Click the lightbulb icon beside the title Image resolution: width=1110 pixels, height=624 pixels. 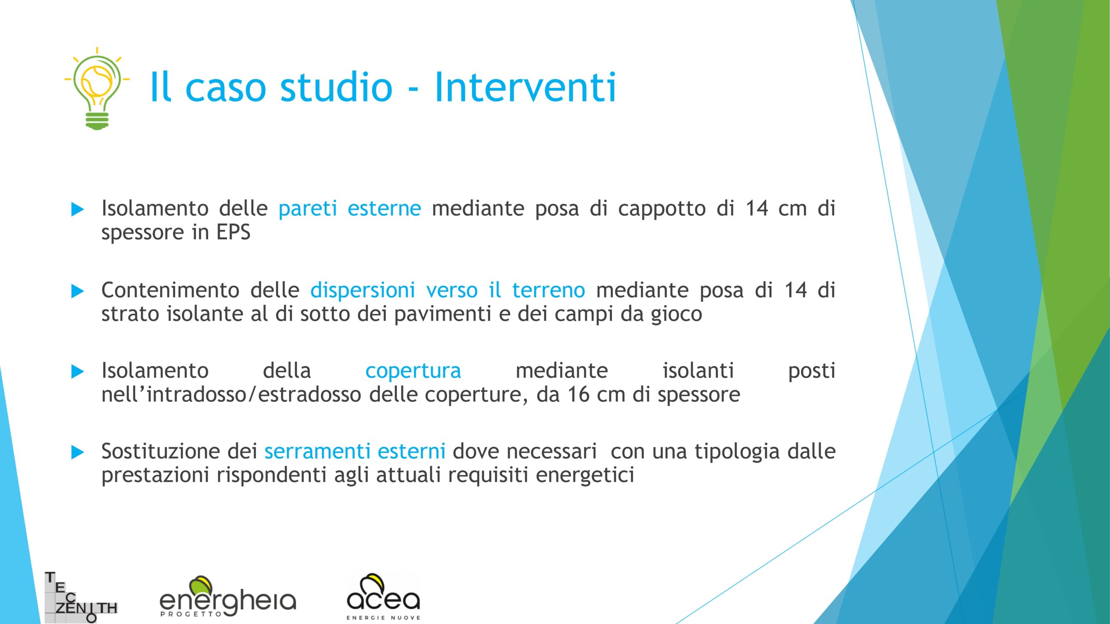(97, 88)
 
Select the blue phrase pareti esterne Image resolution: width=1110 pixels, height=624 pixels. (349, 208)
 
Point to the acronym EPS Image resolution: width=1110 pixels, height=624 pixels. (233, 232)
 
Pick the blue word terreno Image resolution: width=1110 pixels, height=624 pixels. (548, 290)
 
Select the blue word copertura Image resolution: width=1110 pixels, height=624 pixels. (413, 371)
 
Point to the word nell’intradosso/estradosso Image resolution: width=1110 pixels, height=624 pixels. (231, 394)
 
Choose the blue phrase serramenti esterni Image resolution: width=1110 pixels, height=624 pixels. (355, 452)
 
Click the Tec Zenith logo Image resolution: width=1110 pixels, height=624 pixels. (81, 597)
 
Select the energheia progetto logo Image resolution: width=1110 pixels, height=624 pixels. (228, 596)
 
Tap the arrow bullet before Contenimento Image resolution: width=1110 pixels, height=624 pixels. (78, 291)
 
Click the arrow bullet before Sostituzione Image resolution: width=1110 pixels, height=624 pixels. (78, 452)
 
